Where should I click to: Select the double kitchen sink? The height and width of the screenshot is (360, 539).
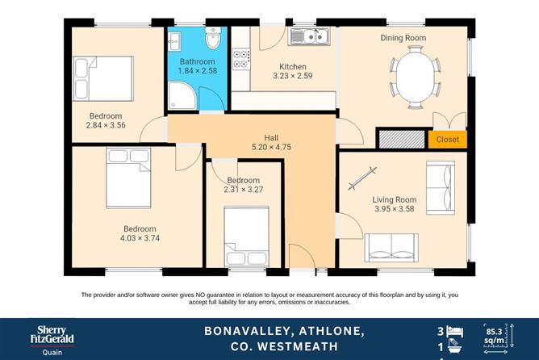coord(308,36)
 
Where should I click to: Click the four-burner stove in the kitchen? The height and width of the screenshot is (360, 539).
coord(241,58)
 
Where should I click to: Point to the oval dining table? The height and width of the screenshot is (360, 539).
coord(416,75)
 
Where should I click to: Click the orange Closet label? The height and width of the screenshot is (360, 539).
coord(447,140)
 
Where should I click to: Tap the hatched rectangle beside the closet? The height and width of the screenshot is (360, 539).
coord(403,139)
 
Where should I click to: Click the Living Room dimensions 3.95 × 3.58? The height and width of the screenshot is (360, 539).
coord(393,210)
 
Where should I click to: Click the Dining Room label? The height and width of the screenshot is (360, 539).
coord(403,38)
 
